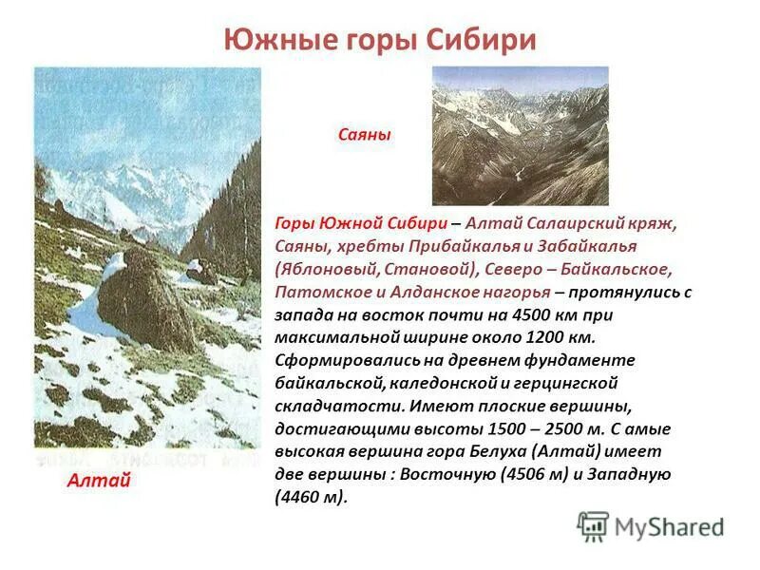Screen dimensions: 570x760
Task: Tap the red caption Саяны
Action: click(365, 136)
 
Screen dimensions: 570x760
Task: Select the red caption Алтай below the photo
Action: click(99, 482)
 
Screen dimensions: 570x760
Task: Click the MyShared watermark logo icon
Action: click(593, 526)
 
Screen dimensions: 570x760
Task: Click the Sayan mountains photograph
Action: click(520, 135)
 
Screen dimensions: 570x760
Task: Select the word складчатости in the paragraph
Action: click(322, 406)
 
